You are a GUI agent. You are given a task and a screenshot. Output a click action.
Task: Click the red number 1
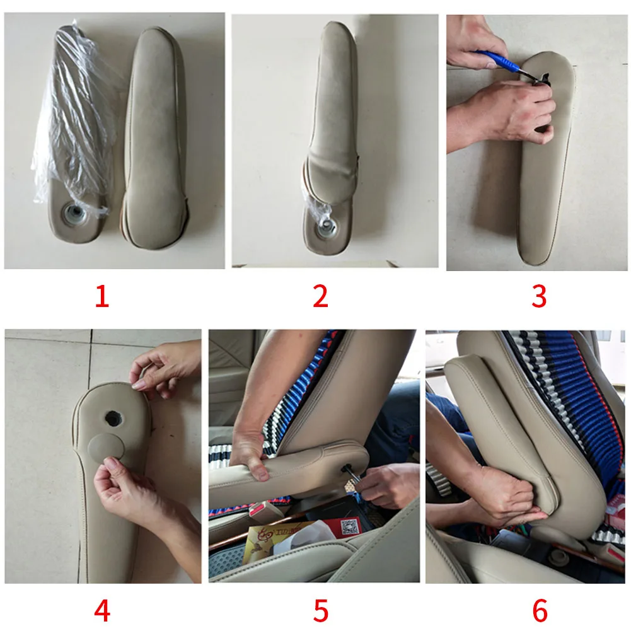102,296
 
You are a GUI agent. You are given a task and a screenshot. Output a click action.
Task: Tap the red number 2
320,296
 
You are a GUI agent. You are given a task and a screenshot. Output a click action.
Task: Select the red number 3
539,296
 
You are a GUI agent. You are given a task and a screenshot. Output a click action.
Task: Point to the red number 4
102,610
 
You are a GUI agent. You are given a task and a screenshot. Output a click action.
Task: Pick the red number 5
321,610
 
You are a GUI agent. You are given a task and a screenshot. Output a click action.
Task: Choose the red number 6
540,610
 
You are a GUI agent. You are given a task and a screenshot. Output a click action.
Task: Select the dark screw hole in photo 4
113,419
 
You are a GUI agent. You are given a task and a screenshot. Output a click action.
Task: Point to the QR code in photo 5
349,526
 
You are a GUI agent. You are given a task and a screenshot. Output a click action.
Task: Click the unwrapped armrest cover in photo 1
155,137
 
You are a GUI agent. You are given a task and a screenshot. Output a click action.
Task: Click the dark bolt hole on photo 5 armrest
345,468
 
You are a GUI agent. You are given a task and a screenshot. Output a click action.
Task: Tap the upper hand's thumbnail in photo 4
138,385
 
